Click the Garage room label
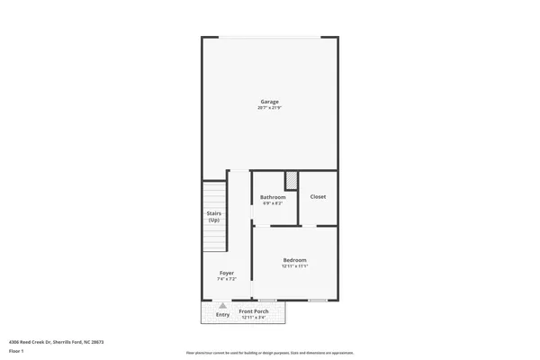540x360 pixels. [x=270, y=102]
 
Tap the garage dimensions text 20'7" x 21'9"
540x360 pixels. [x=270, y=109]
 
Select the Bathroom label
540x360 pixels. [x=273, y=197]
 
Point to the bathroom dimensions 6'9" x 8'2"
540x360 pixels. [x=273, y=203]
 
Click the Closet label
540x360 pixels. [x=318, y=196]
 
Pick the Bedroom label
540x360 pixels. [x=295, y=259]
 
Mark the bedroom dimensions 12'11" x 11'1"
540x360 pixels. [x=295, y=266]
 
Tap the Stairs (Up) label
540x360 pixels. [x=214, y=217]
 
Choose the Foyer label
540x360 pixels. [x=227, y=273]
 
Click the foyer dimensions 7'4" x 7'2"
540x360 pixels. [x=227, y=280]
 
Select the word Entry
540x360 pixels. [x=222, y=315]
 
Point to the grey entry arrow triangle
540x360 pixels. [x=222, y=306]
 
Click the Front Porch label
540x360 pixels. [x=255, y=311]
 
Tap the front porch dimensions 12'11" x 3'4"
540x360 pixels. [x=255, y=317]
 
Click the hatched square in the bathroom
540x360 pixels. [x=291, y=179]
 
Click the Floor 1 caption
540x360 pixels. [x=16, y=352]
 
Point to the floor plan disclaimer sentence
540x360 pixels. [x=269, y=352]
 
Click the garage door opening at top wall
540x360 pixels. [x=270, y=37]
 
